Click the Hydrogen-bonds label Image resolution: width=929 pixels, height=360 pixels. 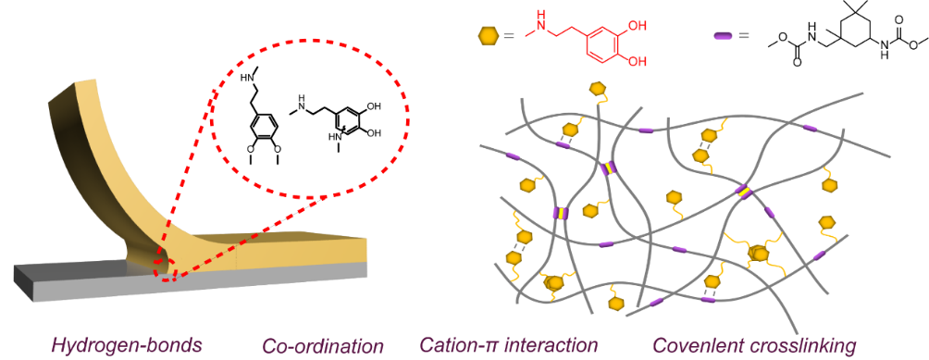(x=126, y=344)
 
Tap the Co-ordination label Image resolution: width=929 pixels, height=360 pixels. (x=323, y=344)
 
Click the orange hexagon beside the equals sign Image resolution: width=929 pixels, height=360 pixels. (x=487, y=35)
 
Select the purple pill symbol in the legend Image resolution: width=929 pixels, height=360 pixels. (x=723, y=35)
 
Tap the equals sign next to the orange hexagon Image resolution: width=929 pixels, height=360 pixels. (x=509, y=35)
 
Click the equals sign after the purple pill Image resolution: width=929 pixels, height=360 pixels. (x=743, y=35)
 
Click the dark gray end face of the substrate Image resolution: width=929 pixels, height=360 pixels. (x=24, y=283)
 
